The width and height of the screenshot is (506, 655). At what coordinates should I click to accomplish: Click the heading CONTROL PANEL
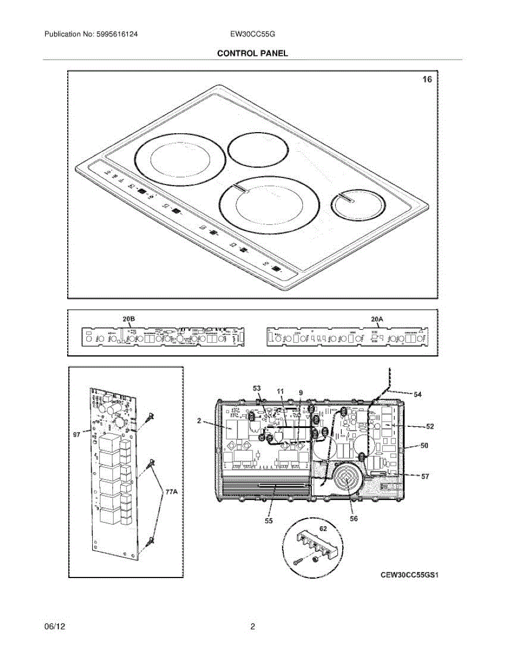252,53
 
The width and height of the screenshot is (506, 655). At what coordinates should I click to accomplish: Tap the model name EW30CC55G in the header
253,34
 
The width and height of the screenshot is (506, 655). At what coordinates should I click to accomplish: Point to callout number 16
427,80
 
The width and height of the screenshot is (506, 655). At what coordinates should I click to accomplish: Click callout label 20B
129,319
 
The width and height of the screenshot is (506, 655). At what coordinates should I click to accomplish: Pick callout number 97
76,435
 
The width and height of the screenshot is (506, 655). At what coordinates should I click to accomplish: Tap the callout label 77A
171,492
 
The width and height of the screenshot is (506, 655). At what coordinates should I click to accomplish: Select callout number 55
268,521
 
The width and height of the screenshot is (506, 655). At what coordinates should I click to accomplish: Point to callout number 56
354,519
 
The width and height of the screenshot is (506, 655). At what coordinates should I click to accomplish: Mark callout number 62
323,528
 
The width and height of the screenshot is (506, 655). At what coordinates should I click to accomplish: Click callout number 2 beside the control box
200,421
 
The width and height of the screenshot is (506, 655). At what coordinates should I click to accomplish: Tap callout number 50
424,445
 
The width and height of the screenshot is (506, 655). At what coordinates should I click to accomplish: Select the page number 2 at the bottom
253,627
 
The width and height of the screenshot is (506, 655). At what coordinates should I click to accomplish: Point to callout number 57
425,477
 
